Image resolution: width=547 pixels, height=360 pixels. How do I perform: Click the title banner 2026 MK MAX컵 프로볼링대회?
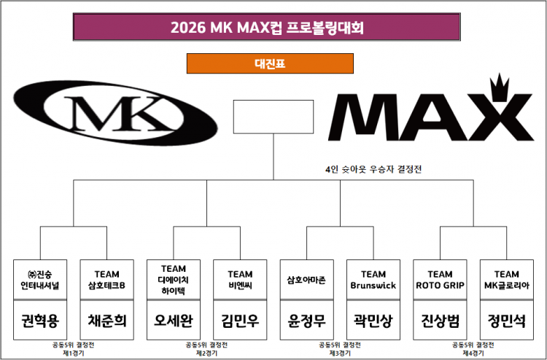(266, 28)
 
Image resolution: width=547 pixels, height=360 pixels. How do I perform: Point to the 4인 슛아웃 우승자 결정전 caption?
(373, 169)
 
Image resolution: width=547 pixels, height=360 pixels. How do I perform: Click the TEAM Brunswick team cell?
(373, 279)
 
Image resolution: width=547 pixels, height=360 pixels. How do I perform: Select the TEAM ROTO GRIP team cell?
(440, 279)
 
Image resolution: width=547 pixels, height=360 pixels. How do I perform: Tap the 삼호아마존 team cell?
(306, 279)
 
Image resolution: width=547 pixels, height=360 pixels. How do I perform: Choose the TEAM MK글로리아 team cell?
(506, 279)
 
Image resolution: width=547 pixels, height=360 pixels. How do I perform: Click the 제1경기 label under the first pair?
(73, 353)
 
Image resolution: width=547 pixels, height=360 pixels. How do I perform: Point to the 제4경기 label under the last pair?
(473, 353)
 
